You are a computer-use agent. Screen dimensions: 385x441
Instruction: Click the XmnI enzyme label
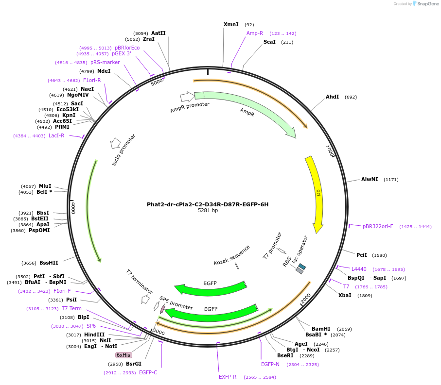point(231,24)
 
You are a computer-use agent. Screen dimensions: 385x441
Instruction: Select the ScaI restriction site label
point(269,42)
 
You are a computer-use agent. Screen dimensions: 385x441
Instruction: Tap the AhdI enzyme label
point(332,97)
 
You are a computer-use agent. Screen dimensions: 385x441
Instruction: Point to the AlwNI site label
point(370,179)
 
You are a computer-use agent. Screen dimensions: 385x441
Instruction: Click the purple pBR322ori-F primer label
point(378,226)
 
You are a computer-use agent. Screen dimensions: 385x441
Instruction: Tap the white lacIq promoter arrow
point(116,143)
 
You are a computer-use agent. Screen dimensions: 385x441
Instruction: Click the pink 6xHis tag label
point(123,355)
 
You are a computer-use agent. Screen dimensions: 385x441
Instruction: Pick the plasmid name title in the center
point(208,204)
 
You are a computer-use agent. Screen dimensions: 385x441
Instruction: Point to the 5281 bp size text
point(208,211)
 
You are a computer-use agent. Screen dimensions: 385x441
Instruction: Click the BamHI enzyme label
point(321,329)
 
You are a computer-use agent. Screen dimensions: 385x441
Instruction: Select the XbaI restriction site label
point(345,295)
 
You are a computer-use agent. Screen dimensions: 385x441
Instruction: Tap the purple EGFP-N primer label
point(270,364)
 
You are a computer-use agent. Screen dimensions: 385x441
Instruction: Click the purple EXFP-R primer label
point(228,377)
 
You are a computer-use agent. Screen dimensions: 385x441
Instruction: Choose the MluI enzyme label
point(45,186)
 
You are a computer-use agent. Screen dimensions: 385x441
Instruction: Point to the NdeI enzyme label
point(104,71)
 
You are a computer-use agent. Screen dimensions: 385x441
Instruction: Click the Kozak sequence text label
point(232,255)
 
